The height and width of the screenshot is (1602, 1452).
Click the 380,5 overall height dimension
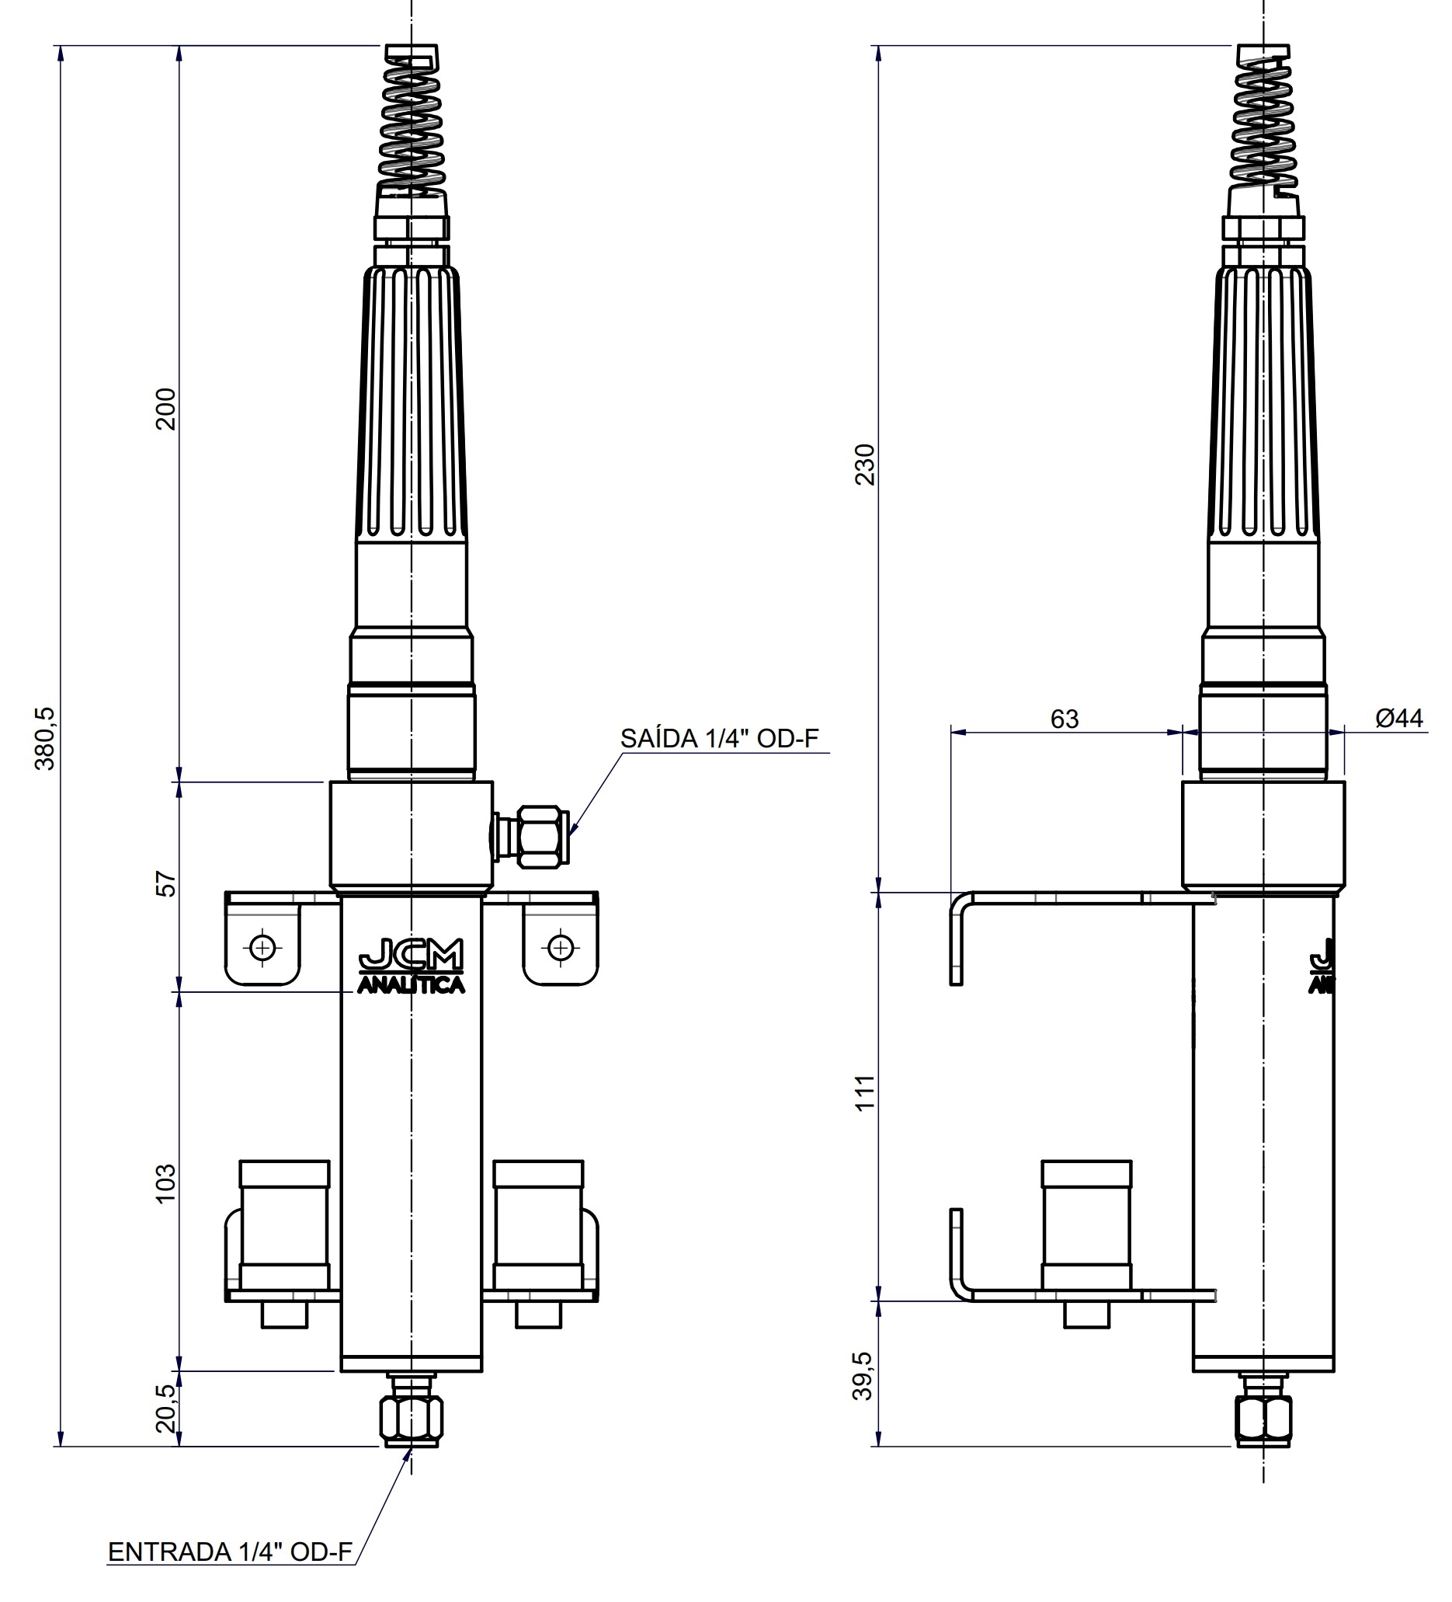click(x=45, y=738)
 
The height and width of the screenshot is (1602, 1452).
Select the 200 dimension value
click(x=165, y=409)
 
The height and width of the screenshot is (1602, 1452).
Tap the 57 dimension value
click(x=165, y=883)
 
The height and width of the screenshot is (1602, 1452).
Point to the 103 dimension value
click(x=165, y=1183)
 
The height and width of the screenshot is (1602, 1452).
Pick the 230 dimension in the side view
click(x=865, y=464)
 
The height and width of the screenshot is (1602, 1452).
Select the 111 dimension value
click(x=865, y=1092)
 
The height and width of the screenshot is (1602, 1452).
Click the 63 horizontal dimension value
click(x=1064, y=719)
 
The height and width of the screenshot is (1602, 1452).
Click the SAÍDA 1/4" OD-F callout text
click(x=719, y=738)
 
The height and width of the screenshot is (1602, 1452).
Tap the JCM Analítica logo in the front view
click(x=411, y=966)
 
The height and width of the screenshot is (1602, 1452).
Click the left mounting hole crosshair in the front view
click(x=262, y=947)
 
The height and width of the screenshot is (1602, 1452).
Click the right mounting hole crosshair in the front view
click(x=561, y=947)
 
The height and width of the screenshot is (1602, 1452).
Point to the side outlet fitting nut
click(x=543, y=837)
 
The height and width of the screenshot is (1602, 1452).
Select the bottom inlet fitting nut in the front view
click(x=411, y=1419)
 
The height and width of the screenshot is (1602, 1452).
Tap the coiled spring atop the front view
click(x=411, y=127)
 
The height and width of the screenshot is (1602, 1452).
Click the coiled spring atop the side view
click(x=1263, y=127)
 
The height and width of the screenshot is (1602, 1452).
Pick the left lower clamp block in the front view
click(x=284, y=1224)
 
